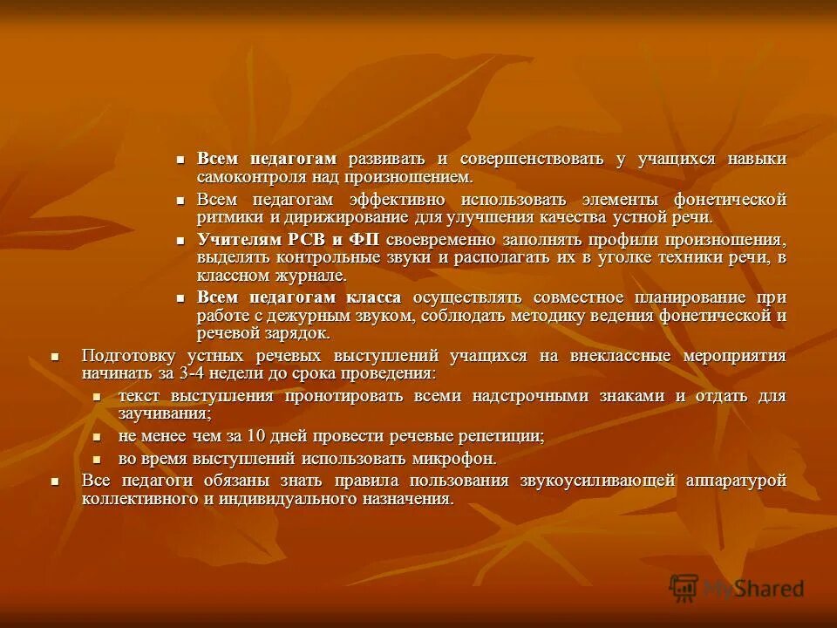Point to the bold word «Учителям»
[x=238, y=239]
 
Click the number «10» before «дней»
[x=255, y=435]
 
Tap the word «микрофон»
[x=453, y=458]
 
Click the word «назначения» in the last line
[x=410, y=499]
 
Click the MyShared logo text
[x=755, y=589]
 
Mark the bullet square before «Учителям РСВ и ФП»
[x=181, y=239]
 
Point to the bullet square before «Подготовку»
[x=55, y=356]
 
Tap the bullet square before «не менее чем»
[x=98, y=436]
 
